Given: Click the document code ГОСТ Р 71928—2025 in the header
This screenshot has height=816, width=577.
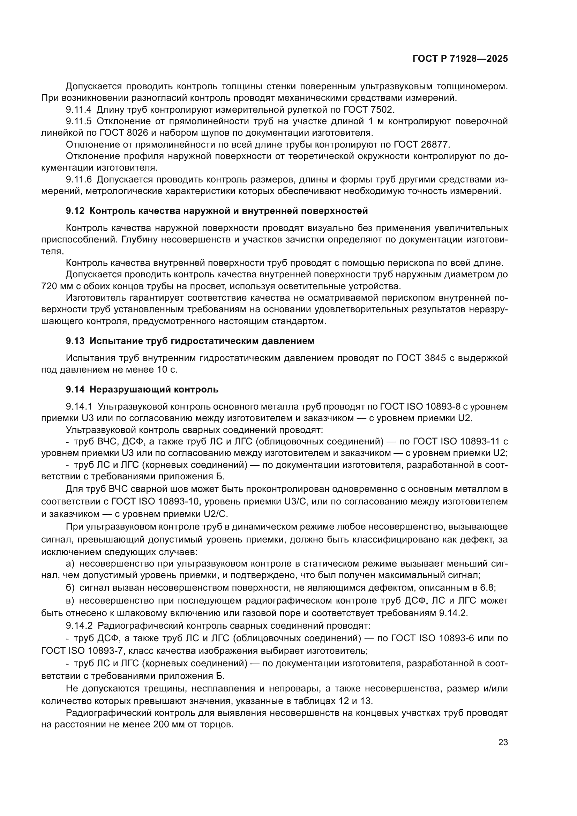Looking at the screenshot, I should (460, 59).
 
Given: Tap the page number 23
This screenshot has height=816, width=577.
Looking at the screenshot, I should (503, 742).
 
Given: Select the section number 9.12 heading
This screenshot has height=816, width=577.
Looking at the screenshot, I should (75, 211).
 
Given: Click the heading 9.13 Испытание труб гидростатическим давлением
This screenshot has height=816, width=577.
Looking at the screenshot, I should (190, 341).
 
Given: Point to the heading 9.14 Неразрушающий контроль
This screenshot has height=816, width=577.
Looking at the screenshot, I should (142, 390).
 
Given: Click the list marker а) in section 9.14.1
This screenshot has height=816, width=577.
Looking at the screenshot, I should (70, 564).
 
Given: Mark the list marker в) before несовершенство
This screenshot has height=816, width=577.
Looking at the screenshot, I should (70, 601).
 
